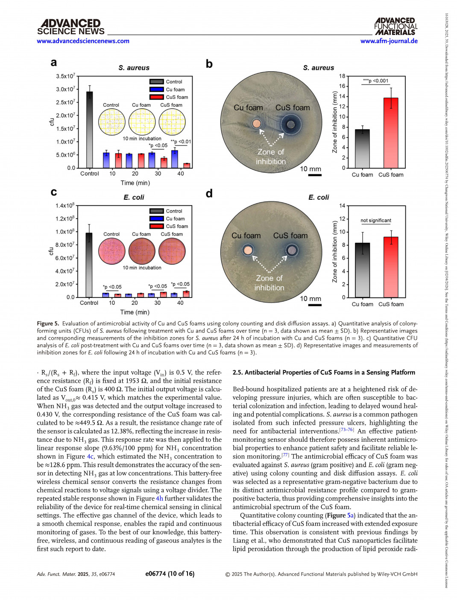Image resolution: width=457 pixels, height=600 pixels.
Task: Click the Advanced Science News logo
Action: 70,26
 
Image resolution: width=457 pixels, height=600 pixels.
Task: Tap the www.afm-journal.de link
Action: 389,41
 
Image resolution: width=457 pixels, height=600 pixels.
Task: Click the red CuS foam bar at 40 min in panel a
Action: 187,165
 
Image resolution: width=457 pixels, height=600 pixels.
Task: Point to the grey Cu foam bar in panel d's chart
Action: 362,270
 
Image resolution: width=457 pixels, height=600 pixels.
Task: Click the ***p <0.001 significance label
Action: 376,81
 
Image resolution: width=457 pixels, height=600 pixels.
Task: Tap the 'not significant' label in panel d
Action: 376,221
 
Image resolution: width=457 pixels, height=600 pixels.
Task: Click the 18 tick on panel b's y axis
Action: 342,76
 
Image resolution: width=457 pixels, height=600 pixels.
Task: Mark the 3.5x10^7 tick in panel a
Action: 65,76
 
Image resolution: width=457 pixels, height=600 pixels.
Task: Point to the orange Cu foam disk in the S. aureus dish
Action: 256,124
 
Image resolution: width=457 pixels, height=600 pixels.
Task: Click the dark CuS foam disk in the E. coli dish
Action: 292,250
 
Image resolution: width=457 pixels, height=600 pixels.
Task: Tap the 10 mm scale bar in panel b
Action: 315,175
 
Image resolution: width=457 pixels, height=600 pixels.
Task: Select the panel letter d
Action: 209,194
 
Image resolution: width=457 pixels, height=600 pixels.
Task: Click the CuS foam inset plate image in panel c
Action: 172,251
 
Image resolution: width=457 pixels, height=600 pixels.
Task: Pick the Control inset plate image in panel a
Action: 111,122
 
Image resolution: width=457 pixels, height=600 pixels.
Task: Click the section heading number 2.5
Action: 238,373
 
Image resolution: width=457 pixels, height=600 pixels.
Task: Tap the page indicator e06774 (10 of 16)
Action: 170,574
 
